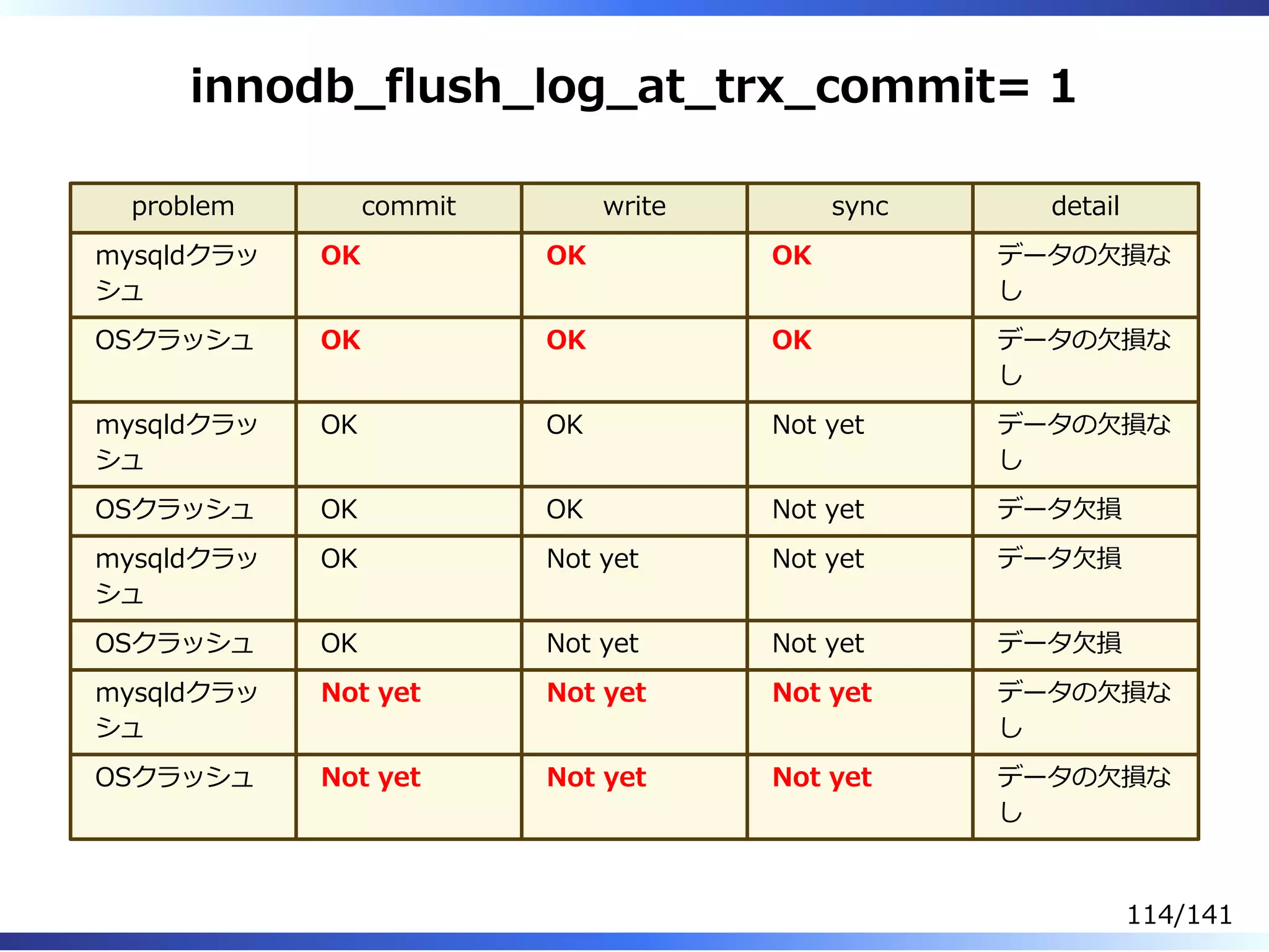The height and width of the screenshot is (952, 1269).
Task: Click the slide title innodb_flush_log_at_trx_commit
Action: [x=607, y=87]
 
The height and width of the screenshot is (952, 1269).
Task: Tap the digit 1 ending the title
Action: [x=1062, y=86]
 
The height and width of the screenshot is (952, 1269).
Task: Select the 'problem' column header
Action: [x=183, y=206]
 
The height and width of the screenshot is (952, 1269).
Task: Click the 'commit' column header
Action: [x=408, y=206]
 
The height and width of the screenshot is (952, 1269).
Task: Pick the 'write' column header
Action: [x=634, y=206]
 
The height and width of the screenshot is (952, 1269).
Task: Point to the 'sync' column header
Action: [x=860, y=206]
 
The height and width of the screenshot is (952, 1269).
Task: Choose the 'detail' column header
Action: [x=1085, y=206]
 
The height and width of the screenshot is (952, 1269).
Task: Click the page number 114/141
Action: [x=1179, y=915]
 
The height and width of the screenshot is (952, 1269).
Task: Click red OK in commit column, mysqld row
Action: [x=340, y=255]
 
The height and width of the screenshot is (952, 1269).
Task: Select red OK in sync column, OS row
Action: [x=791, y=340]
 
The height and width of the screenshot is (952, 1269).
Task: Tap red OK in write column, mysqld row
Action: [x=566, y=255]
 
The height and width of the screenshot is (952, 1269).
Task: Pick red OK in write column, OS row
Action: [x=566, y=340]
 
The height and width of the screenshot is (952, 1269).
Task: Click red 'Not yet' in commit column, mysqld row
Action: [x=371, y=692]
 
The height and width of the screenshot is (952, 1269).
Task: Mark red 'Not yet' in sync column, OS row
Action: [x=822, y=777]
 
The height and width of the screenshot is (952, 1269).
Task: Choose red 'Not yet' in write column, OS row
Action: [x=596, y=777]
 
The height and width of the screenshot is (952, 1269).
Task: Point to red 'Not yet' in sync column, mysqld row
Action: [x=822, y=692]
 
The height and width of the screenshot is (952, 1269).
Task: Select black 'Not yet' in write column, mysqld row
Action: [x=592, y=559]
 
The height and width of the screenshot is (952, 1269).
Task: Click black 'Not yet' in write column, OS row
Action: [x=592, y=643]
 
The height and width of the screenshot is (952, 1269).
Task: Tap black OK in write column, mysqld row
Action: [x=564, y=425]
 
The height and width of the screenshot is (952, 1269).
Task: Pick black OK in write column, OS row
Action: [x=564, y=509]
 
